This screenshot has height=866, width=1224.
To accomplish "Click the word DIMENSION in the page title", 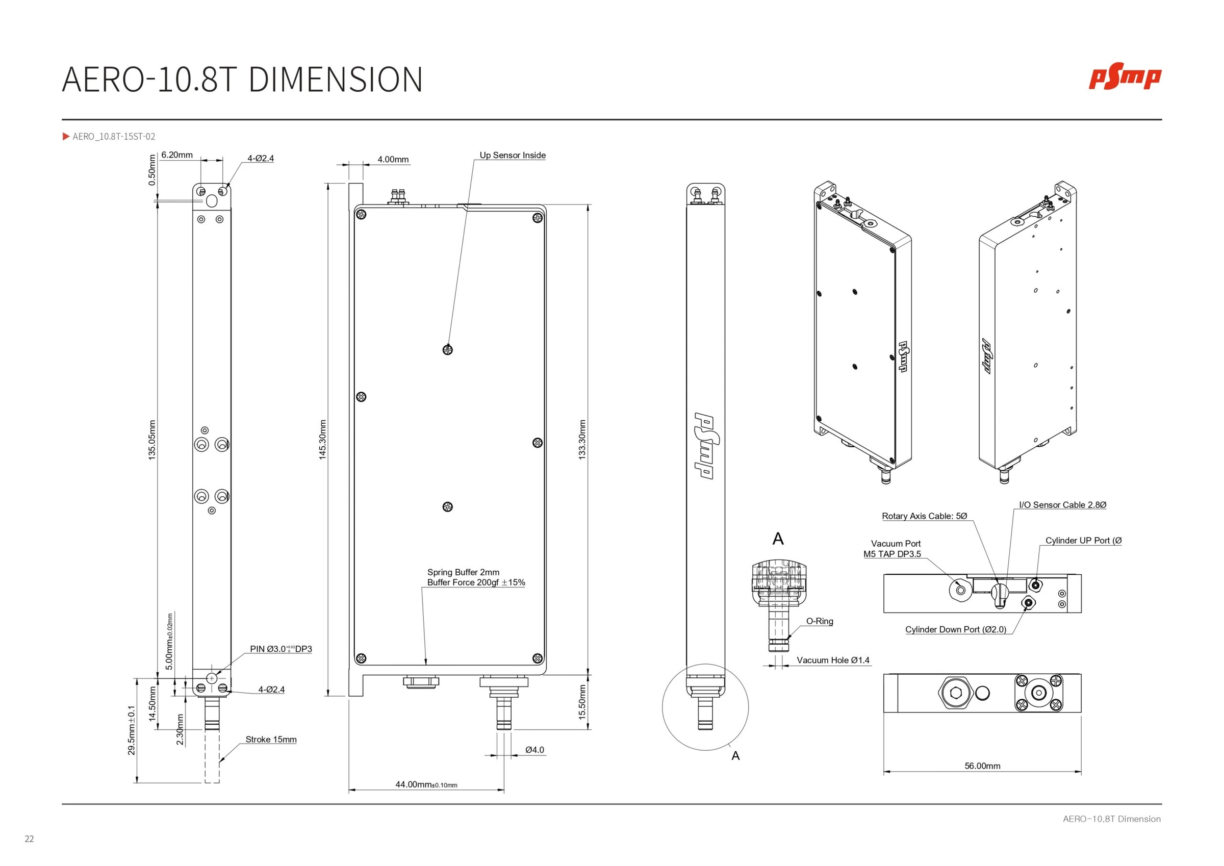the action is (335, 80).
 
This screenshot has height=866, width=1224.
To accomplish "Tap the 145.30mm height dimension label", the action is (322, 440).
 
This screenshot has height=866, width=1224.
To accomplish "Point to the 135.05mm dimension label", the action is (152, 440).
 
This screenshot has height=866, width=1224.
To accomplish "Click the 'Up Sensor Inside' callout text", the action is (513, 155).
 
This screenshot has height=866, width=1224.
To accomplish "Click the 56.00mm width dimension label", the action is (982, 766).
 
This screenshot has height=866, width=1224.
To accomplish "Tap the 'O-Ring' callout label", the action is (820, 621).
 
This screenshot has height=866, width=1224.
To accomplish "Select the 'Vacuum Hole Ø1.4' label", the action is (833, 660).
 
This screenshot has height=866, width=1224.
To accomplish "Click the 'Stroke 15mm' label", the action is (271, 740).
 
